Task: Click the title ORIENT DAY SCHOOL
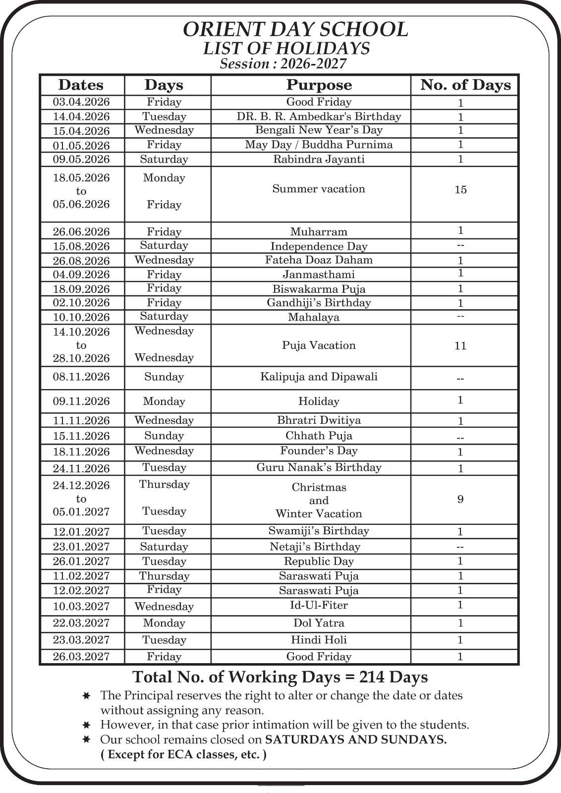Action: (295, 30)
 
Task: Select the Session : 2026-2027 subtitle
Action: (283, 64)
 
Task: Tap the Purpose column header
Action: (319, 85)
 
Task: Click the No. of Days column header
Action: (465, 85)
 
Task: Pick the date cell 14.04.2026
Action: (81, 116)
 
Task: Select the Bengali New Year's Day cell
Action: (319, 130)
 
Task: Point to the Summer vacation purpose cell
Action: (319, 189)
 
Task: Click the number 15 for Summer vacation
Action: (460, 190)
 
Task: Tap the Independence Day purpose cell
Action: (319, 246)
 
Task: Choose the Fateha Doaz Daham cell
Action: (319, 260)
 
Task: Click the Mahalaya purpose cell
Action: (314, 317)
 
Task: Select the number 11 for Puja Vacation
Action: (460, 346)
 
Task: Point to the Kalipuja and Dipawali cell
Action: (319, 377)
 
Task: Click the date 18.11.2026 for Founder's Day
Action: (81, 452)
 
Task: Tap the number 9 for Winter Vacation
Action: (460, 500)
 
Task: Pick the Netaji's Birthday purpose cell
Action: (315, 547)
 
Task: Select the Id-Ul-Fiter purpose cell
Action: (319, 605)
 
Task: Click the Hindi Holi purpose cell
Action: (319, 640)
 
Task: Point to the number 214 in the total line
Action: (373, 677)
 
